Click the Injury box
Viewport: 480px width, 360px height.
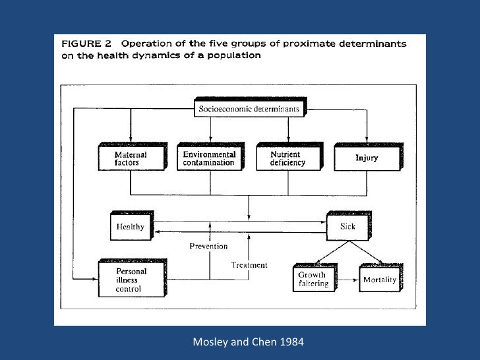[x=367, y=158]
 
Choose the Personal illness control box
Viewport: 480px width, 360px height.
[x=131, y=280]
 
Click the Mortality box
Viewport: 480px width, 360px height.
[x=380, y=280]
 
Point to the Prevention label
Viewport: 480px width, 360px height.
[x=209, y=247]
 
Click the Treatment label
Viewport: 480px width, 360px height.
[x=249, y=265]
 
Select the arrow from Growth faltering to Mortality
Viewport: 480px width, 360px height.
[x=345, y=280]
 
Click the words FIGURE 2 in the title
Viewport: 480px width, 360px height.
[x=86, y=44]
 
